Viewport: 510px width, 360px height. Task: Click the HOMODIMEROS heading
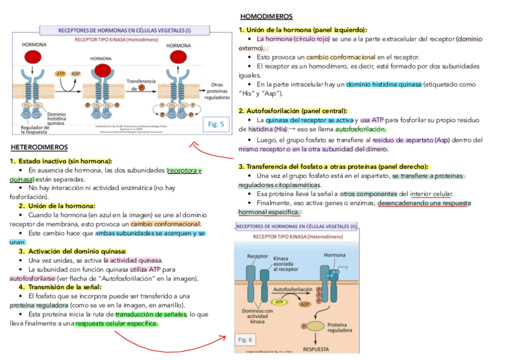(266, 16)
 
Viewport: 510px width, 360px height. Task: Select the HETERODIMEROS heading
(39, 147)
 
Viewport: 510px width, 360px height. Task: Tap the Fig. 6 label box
(245, 340)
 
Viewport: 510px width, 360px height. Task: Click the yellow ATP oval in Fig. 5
(61, 74)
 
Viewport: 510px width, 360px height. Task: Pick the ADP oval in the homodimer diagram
(76, 74)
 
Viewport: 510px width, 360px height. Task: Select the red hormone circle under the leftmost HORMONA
(32, 58)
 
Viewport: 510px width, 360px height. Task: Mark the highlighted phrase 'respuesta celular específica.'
(116, 323)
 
